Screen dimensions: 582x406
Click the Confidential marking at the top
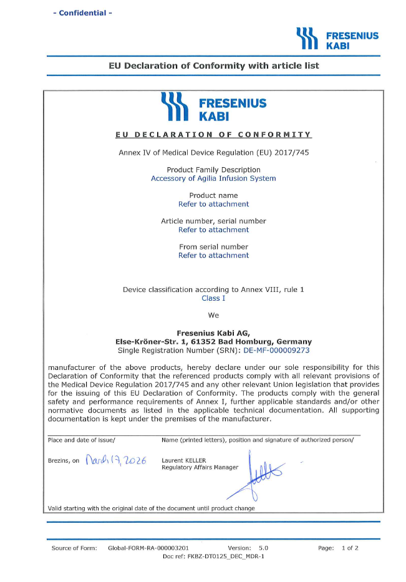82,13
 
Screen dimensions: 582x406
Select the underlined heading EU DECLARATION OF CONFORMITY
213,135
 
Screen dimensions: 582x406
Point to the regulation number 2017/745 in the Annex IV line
291,153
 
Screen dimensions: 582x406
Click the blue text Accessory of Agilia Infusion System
213,178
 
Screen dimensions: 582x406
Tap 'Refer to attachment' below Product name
213,204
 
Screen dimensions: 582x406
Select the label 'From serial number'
213,246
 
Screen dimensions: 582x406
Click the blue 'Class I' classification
213,298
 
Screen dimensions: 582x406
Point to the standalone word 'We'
213,316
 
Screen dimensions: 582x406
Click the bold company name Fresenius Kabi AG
213,333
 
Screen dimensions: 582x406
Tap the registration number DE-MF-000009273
276,351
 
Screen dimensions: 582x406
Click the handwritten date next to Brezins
115,461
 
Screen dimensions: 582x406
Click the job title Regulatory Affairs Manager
200,468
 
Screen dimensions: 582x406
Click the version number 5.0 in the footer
263,548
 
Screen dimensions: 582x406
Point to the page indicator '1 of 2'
350,548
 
